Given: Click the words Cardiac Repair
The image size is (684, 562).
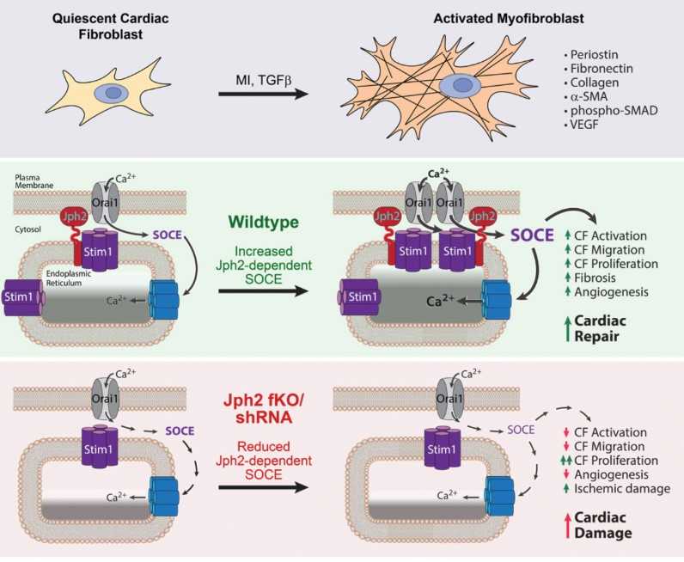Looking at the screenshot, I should [605, 328].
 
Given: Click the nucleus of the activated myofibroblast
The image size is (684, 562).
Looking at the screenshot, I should [455, 89].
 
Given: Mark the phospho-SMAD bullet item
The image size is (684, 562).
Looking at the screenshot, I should [605, 110].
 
